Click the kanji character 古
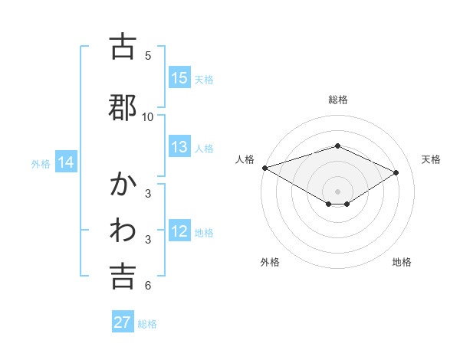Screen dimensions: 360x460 click(x=123, y=47)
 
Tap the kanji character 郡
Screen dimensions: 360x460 click(x=123, y=106)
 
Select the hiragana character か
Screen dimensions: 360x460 click(x=123, y=186)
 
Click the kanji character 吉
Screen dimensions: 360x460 click(x=123, y=277)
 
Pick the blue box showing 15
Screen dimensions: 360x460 click(x=179, y=78)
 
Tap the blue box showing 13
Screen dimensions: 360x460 click(x=179, y=148)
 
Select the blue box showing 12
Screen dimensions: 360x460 click(x=179, y=232)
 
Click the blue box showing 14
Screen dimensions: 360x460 click(x=66, y=162)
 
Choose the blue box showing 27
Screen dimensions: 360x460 click(x=123, y=322)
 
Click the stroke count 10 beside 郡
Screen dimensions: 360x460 click(x=148, y=116)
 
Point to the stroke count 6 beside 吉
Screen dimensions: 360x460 click(x=148, y=286)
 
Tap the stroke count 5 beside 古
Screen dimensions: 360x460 click(x=148, y=56)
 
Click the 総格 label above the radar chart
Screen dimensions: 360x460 click(x=338, y=100)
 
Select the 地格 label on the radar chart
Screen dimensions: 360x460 click(x=402, y=262)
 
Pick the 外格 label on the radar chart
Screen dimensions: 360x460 click(x=270, y=262)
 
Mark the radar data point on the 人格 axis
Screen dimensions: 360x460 click(x=264, y=168)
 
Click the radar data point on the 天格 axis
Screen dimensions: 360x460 click(x=396, y=172)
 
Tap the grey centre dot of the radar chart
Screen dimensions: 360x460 click(x=338, y=191)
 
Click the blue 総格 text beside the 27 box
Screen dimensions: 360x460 click(x=147, y=323)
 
